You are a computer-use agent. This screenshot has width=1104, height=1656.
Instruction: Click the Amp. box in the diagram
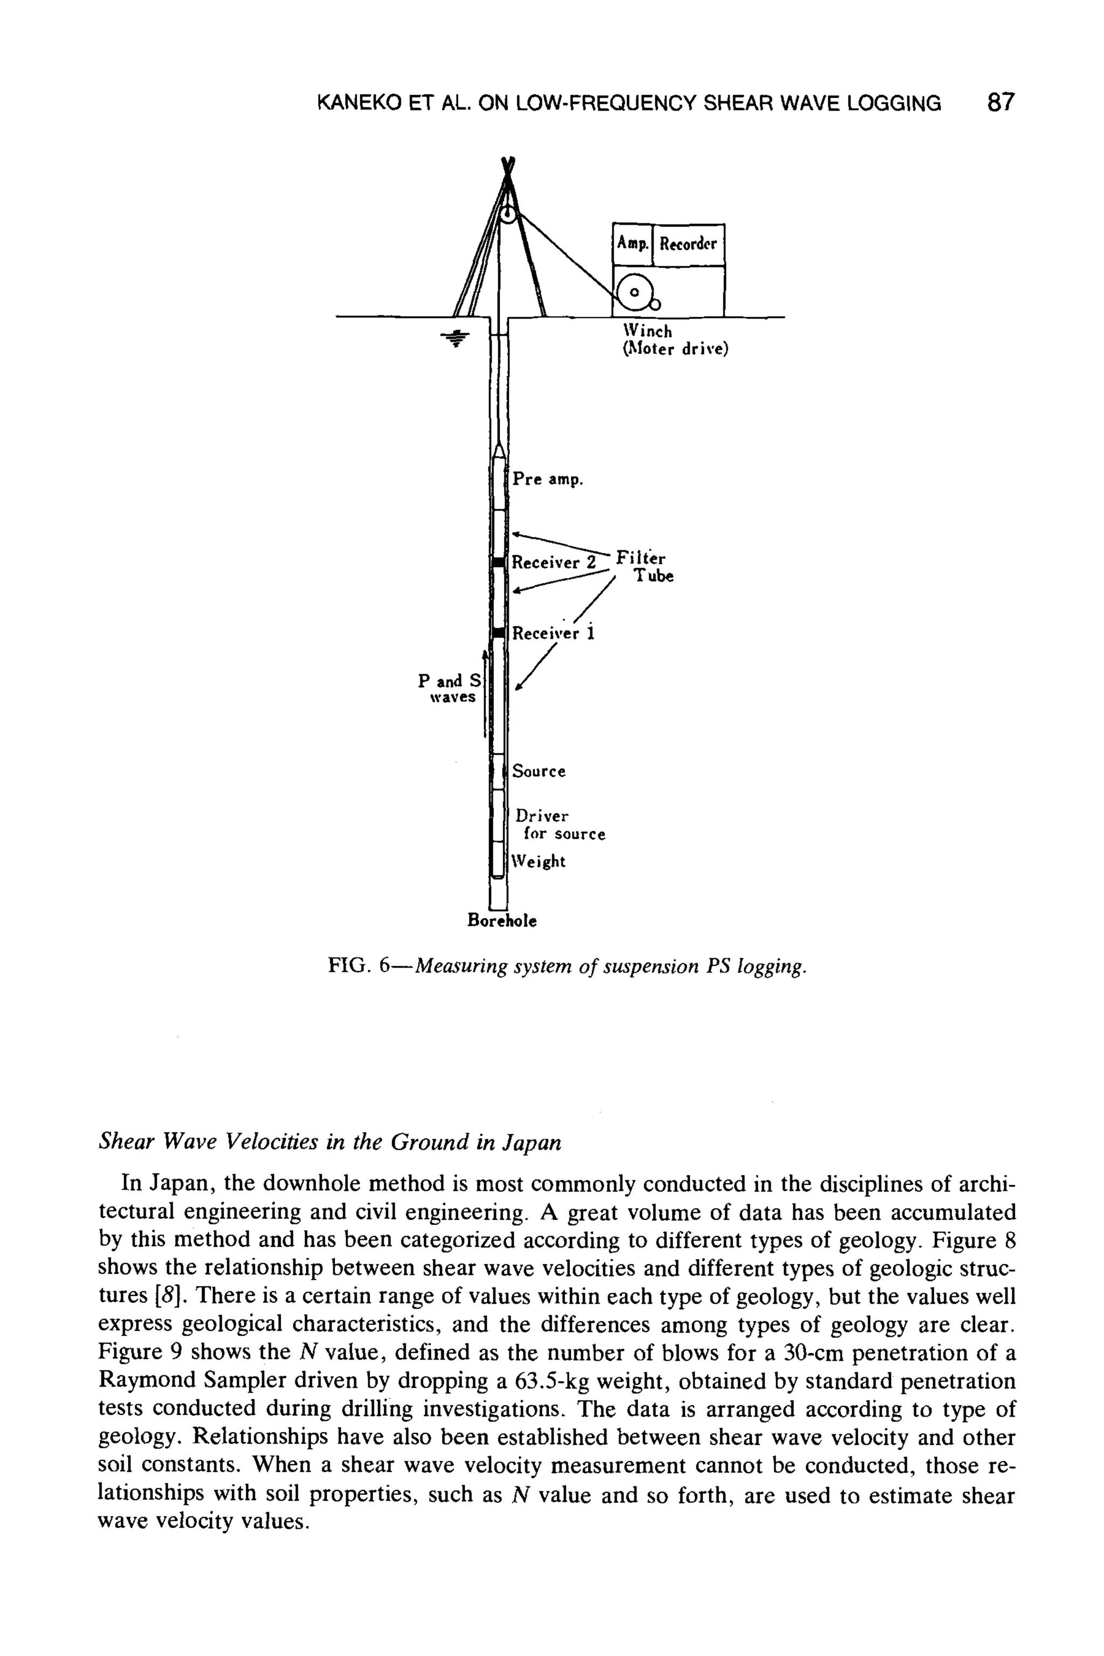(632, 244)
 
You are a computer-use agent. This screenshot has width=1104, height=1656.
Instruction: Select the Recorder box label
(688, 244)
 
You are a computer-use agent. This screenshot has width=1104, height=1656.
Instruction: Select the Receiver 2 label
(554, 563)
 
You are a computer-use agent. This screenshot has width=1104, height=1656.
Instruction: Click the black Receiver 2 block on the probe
(499, 561)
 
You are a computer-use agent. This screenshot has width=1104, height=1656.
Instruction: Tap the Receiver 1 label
(554, 633)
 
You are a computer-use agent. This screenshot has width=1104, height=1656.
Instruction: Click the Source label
(539, 771)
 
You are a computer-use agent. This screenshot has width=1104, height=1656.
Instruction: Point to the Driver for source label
(560, 824)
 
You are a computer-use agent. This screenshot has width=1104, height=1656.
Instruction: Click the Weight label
(539, 861)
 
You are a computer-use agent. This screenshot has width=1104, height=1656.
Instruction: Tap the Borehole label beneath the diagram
(502, 920)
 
